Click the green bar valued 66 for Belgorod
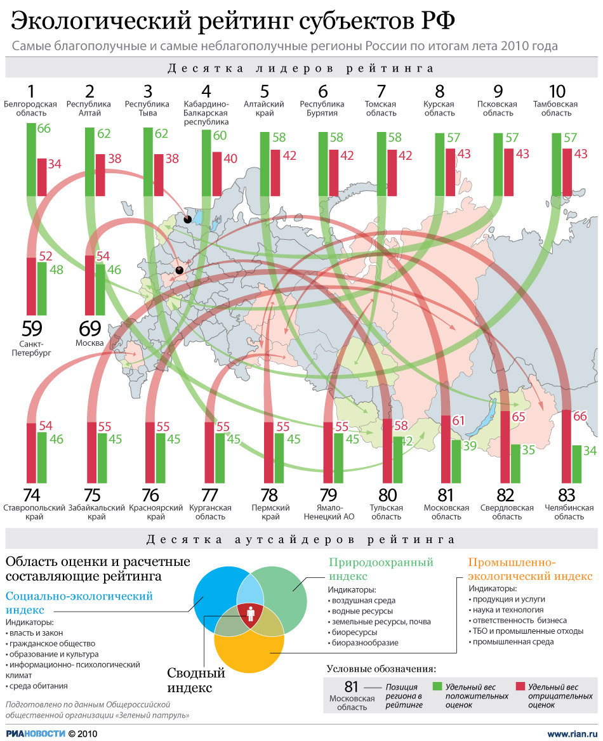coord(31,159)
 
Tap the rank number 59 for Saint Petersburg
coord(31,330)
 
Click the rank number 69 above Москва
coord(89,330)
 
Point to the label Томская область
coord(381,108)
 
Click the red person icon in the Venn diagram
coord(250,614)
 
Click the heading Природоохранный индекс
coord(381,568)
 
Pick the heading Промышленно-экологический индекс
coord(529,568)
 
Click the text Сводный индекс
coord(196,679)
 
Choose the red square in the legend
coord(520,686)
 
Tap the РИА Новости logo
coord(36,733)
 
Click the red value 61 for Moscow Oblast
coord(458,420)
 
